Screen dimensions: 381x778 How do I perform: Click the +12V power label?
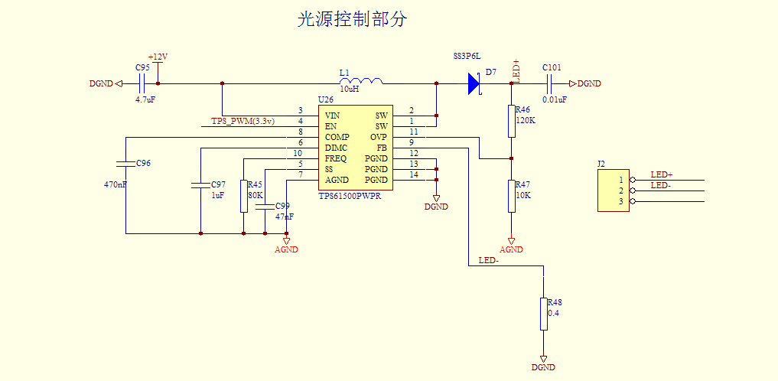point(158,57)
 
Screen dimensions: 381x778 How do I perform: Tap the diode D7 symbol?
point(474,83)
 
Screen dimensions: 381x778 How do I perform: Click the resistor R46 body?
point(511,121)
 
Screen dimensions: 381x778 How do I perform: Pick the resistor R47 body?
point(511,196)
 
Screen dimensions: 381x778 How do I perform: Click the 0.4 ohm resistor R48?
point(544,314)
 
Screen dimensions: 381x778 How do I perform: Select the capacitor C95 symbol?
point(142,83)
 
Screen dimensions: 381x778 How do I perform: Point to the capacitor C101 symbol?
point(551,83)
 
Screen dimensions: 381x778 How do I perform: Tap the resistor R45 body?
point(244,197)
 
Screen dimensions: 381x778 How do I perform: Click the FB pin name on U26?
point(381,148)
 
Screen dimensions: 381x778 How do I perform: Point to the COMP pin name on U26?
point(337,137)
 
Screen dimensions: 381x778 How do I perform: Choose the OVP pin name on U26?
point(379,137)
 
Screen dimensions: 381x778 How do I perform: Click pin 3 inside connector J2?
point(621,201)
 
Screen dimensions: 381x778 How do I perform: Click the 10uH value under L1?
point(349,90)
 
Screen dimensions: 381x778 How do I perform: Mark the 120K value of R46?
point(526,120)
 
